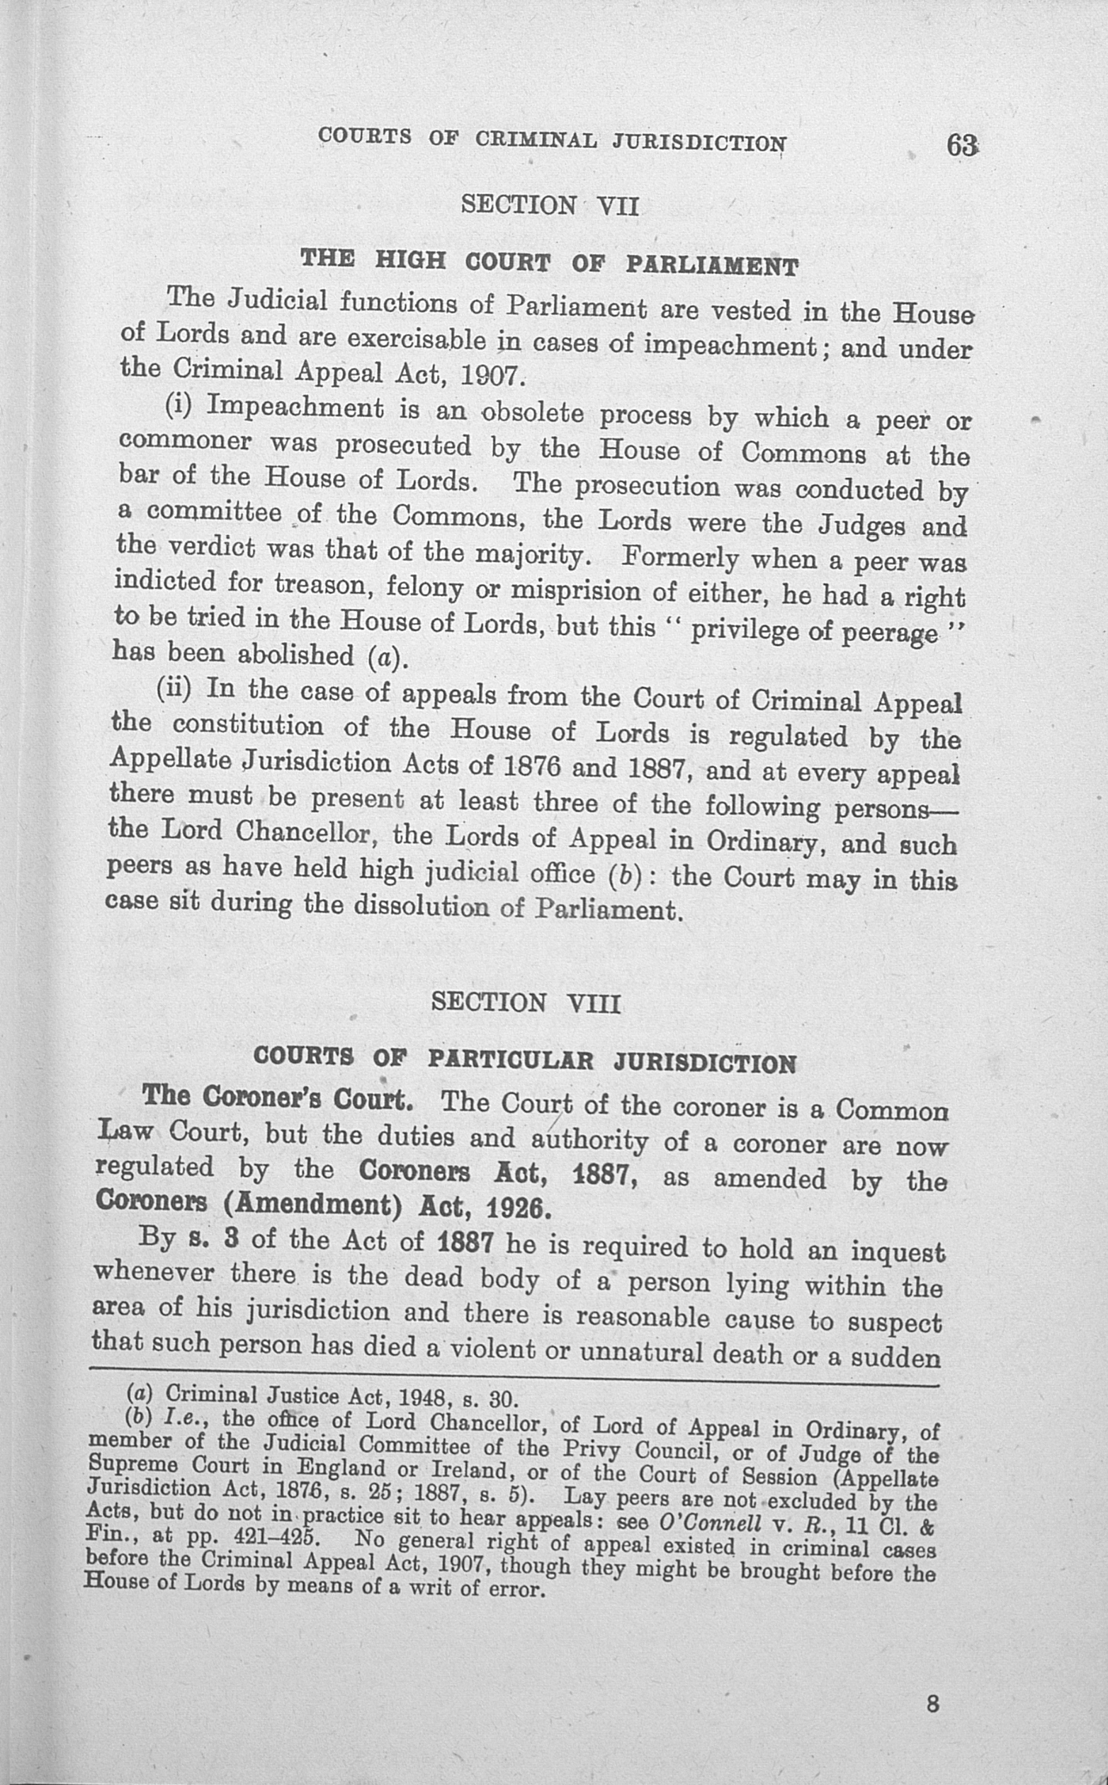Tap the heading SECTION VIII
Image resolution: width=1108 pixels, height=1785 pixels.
coord(526,1001)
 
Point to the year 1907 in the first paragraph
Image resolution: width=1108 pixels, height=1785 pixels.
coord(490,376)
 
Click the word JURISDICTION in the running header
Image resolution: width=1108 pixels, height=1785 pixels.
coord(701,141)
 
